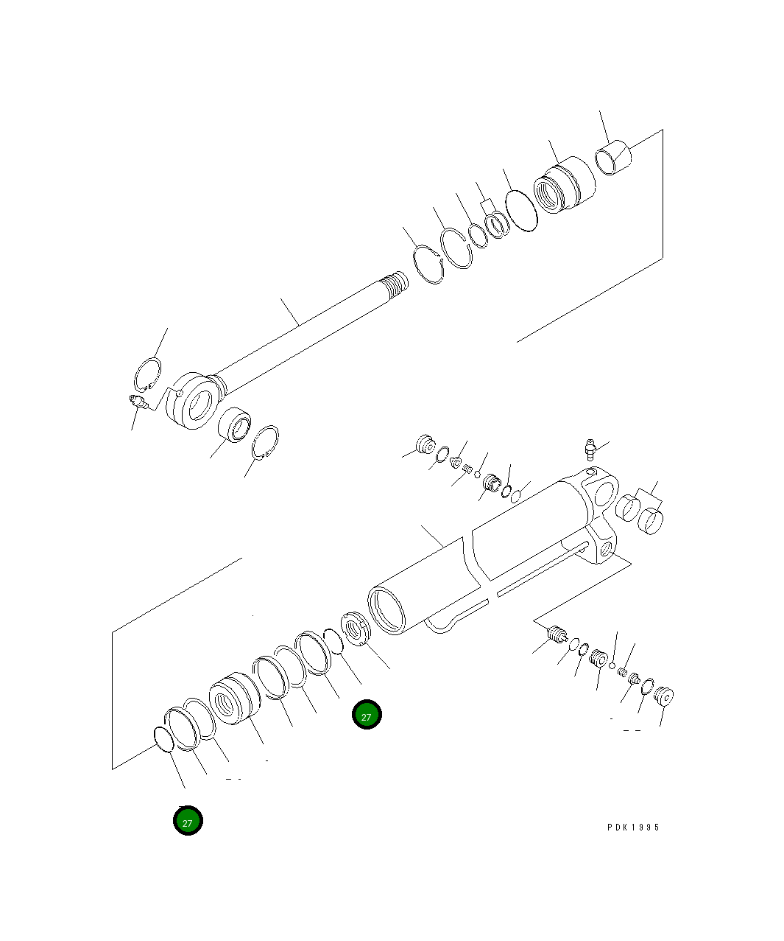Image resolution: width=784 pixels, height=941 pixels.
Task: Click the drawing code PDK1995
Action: pos(633,827)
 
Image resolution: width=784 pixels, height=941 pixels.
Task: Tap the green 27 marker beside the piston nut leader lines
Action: pos(367,716)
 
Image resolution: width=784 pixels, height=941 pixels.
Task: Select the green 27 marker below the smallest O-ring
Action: pos(188,821)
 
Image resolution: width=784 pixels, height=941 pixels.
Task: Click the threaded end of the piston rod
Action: pos(395,284)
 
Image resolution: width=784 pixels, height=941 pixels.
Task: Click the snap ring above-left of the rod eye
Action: pos(148,375)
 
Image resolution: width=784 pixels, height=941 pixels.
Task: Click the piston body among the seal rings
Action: pos(233,699)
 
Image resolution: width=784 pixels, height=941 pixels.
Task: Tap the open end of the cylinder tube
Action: pos(387,609)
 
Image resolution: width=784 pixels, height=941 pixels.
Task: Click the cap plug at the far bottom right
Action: pos(665,696)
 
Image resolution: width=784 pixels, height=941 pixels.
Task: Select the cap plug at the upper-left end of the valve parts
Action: pos(425,445)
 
